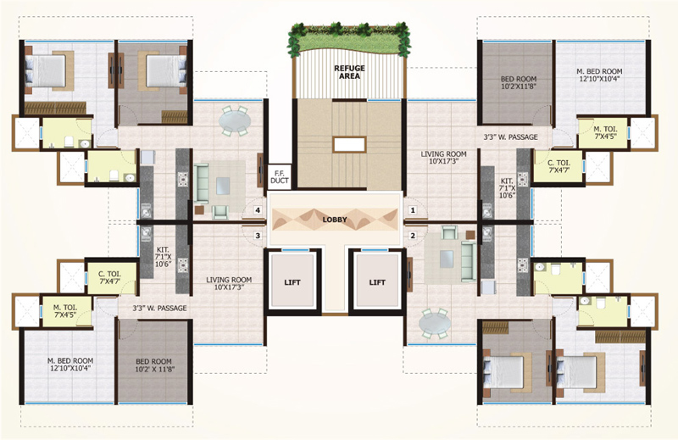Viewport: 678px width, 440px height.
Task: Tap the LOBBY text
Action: click(x=335, y=220)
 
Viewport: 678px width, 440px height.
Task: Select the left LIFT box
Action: click(x=292, y=282)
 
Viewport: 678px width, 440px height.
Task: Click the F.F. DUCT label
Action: click(x=279, y=176)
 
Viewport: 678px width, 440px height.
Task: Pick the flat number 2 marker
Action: click(x=414, y=236)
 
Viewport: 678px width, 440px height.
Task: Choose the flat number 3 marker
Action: click(x=257, y=236)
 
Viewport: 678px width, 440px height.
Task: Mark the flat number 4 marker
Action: click(x=257, y=209)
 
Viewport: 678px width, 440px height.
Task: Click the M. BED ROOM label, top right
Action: click(x=600, y=75)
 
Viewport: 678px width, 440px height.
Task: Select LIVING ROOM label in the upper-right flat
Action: click(x=444, y=159)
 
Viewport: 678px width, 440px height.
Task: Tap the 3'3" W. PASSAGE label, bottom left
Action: click(x=159, y=308)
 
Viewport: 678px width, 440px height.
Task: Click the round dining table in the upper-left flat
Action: click(x=235, y=121)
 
